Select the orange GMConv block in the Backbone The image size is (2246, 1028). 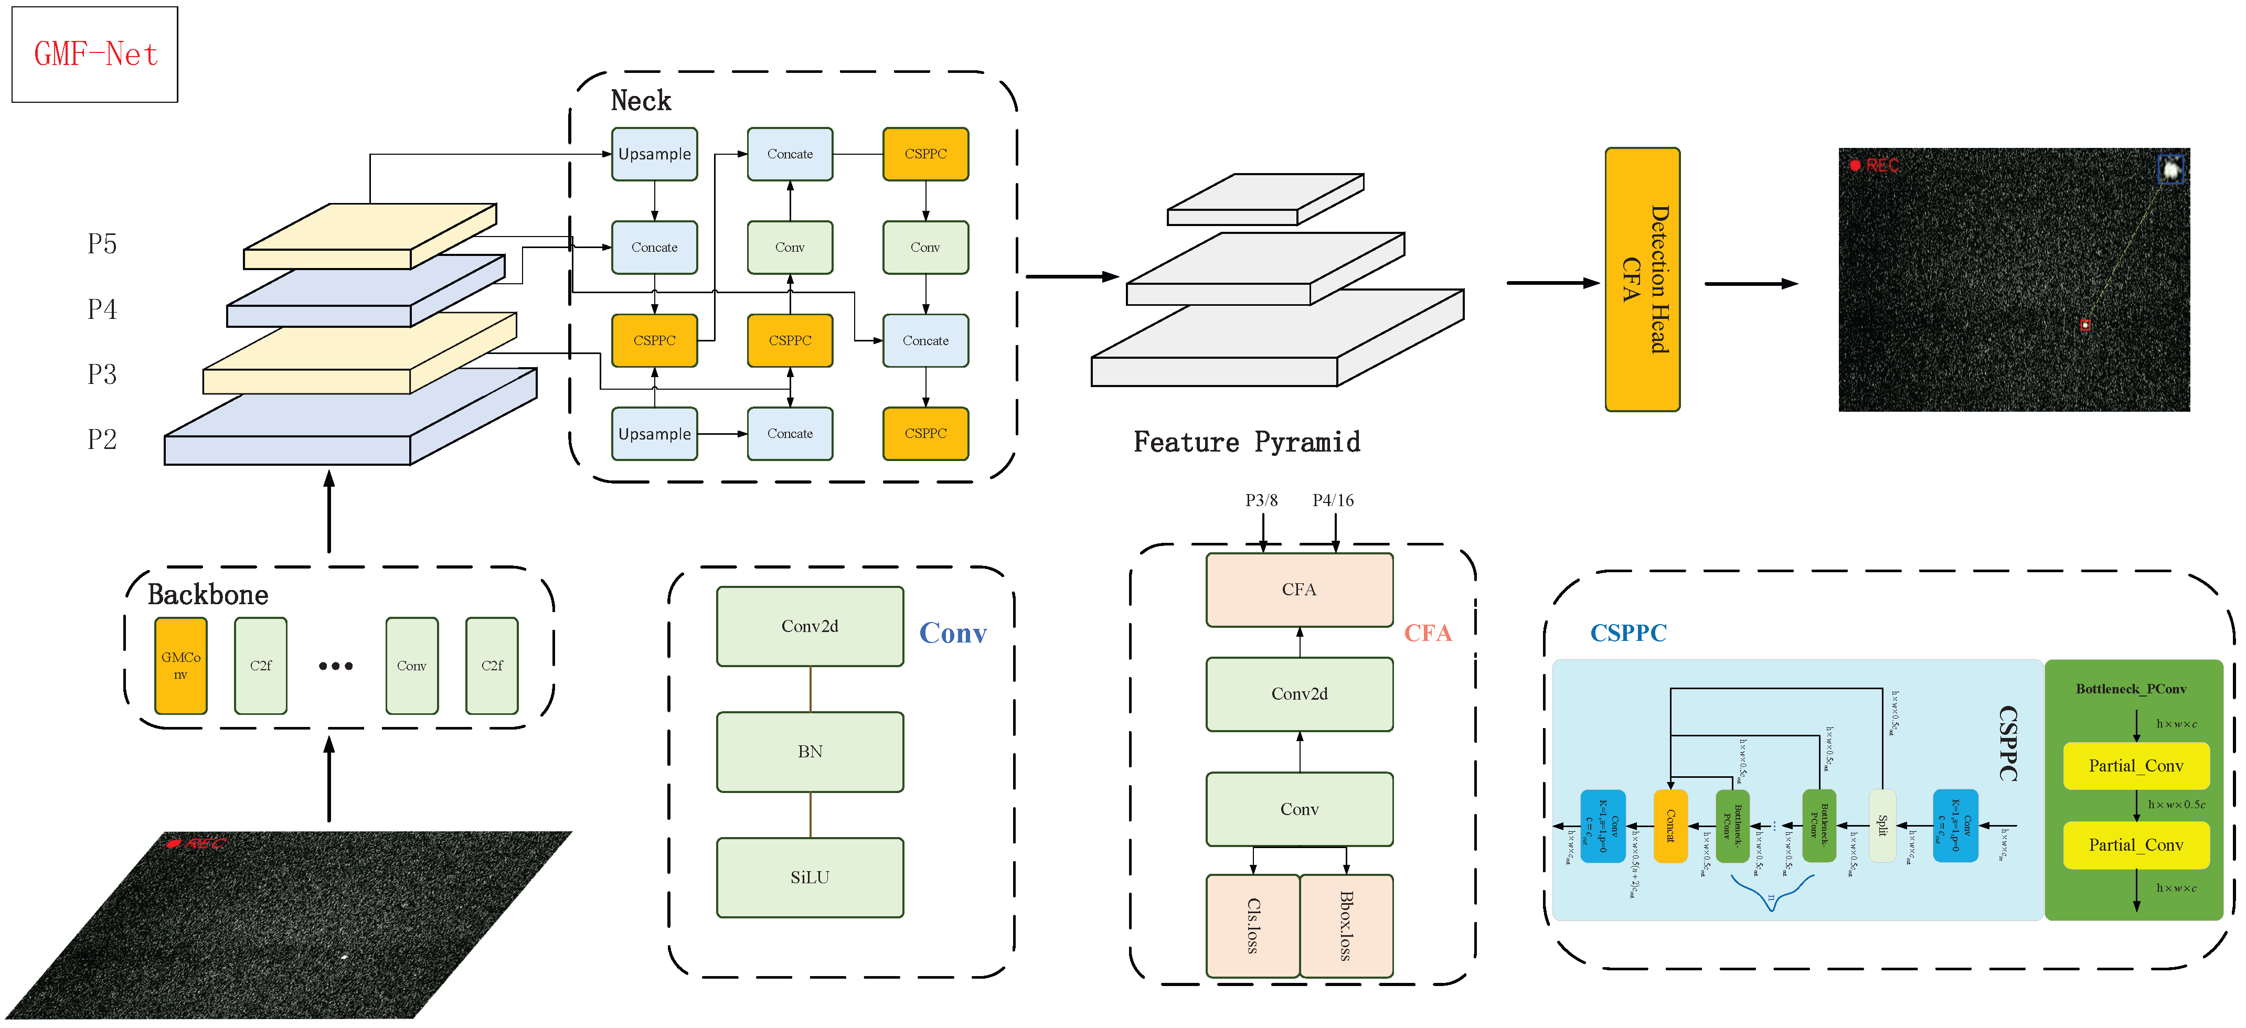(x=180, y=665)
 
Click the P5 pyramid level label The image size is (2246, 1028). (x=102, y=243)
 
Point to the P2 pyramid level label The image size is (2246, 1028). (x=102, y=438)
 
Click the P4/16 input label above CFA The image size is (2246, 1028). (x=1333, y=500)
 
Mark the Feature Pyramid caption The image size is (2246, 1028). (x=1246, y=442)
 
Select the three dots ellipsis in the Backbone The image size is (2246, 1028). (x=336, y=666)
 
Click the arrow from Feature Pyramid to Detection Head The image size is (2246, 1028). (x=1552, y=283)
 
